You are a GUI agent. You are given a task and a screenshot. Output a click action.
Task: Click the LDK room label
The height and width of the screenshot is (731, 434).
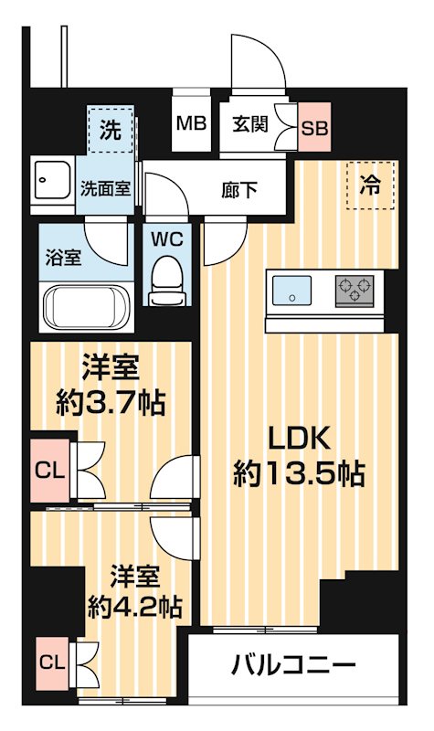[x=297, y=440]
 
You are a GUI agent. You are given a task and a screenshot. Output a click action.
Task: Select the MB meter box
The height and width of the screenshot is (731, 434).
[x=191, y=122]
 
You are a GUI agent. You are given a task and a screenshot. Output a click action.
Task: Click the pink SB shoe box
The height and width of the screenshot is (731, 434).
[x=315, y=127]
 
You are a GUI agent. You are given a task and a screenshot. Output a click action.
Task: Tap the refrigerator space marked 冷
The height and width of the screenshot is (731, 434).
[x=371, y=184]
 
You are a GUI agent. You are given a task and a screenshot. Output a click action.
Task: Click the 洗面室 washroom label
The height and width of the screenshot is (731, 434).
[x=105, y=190]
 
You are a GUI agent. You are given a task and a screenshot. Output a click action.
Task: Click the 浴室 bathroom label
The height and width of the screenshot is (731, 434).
[x=63, y=257]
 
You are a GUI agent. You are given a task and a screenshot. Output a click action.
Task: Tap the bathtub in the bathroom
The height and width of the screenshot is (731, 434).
[x=85, y=305]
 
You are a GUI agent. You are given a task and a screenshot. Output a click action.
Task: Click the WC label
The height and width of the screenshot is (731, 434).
[x=166, y=240]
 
